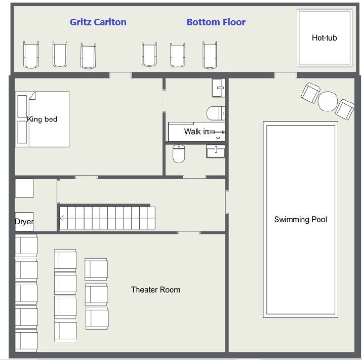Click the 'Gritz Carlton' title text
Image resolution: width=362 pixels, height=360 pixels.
tap(98, 22)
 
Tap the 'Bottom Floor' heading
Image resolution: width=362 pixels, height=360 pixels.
tap(216, 22)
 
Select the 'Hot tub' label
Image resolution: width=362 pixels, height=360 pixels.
tap(325, 38)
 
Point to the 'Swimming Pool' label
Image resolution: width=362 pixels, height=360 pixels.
tap(301, 219)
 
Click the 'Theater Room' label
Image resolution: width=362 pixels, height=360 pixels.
tap(155, 290)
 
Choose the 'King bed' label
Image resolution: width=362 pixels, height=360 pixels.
tap(42, 119)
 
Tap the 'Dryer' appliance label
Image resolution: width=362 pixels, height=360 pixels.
tap(24, 221)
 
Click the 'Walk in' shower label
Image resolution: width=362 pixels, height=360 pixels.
tap(196, 132)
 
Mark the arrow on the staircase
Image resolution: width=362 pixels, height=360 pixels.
tap(62, 218)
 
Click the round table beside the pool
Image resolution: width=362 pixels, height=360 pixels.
tap(328, 101)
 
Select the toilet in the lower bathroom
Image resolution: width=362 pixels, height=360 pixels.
tap(179, 154)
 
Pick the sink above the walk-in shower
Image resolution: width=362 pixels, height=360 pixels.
tap(218, 88)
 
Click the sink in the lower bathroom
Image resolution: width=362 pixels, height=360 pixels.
tap(215, 151)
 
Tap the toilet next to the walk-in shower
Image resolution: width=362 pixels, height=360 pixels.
tap(216, 113)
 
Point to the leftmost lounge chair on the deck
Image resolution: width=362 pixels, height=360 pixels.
tap(31, 55)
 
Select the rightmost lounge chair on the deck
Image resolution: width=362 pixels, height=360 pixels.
tap(210, 55)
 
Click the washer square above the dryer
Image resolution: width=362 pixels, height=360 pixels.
tap(24, 188)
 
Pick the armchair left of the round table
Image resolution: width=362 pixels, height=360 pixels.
tap(310, 93)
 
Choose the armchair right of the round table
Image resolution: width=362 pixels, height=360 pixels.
tap(345, 109)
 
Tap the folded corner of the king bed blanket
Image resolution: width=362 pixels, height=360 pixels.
tap(32, 96)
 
